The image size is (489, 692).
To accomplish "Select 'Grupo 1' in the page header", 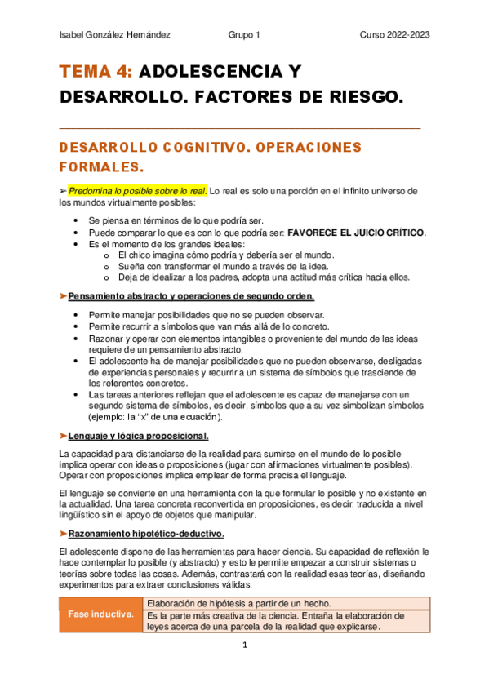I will click(x=244, y=35).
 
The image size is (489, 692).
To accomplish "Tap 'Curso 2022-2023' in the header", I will click(x=395, y=35).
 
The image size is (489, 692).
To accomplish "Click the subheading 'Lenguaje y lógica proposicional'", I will click(x=138, y=436).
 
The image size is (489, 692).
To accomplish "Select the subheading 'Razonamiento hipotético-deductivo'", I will click(x=146, y=534).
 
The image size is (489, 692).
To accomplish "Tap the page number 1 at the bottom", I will click(x=244, y=645).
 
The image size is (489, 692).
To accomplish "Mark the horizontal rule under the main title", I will click(x=240, y=128).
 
